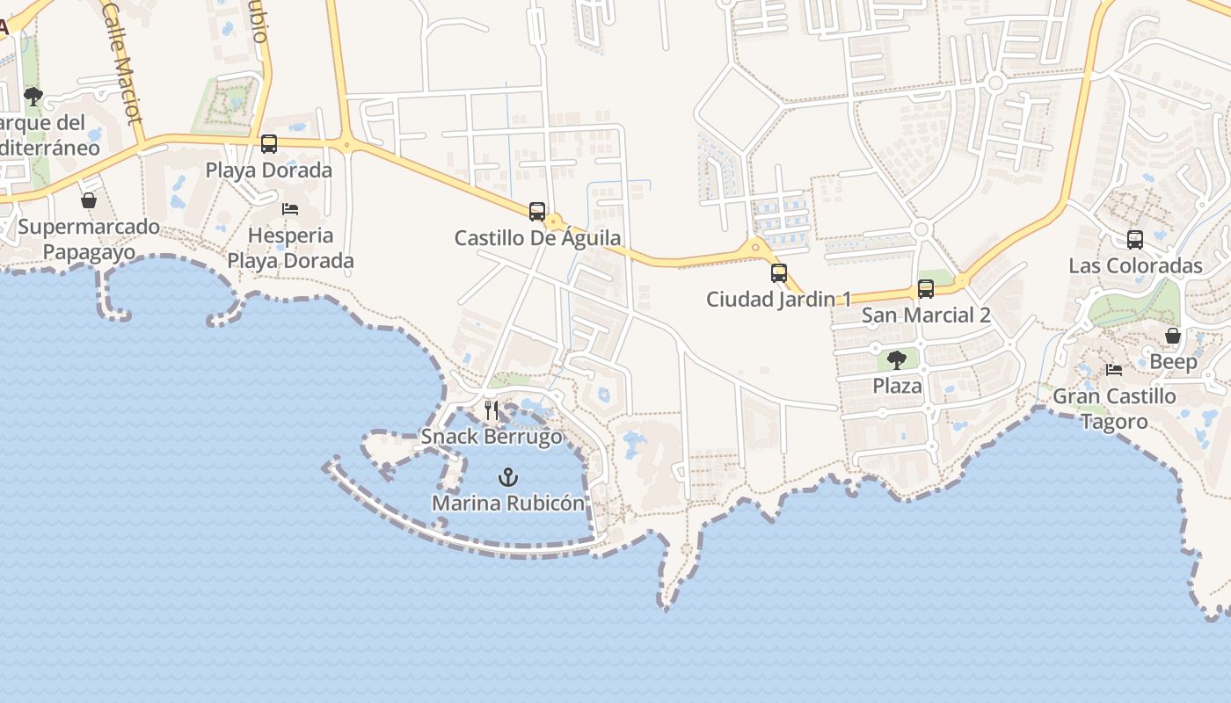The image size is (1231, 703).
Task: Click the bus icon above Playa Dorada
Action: (x=269, y=144)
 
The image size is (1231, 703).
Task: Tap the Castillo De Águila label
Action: (x=537, y=238)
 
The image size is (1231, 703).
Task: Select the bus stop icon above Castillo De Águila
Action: (x=537, y=212)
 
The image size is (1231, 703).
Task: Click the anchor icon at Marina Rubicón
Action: (x=507, y=478)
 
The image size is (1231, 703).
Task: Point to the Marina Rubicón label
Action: (x=507, y=504)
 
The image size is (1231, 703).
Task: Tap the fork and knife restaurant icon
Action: (x=492, y=410)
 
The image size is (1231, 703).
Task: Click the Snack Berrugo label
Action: (x=491, y=437)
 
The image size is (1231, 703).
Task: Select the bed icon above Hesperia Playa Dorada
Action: (x=290, y=209)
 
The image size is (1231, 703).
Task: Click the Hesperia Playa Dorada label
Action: (x=290, y=248)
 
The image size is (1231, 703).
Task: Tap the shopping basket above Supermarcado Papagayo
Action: (x=89, y=200)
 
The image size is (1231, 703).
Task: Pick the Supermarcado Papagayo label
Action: (x=89, y=240)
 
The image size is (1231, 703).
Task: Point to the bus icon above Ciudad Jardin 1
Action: (x=779, y=273)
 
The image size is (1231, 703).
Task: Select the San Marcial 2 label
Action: (x=926, y=315)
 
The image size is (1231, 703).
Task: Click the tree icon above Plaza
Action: (x=897, y=359)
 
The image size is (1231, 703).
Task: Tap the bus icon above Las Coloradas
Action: (x=1135, y=239)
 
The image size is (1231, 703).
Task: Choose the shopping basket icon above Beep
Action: (x=1173, y=336)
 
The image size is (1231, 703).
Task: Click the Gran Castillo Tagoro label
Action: (x=1114, y=409)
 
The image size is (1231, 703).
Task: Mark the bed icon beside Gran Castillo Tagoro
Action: (x=1114, y=370)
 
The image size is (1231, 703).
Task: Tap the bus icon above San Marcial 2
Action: (x=926, y=289)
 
